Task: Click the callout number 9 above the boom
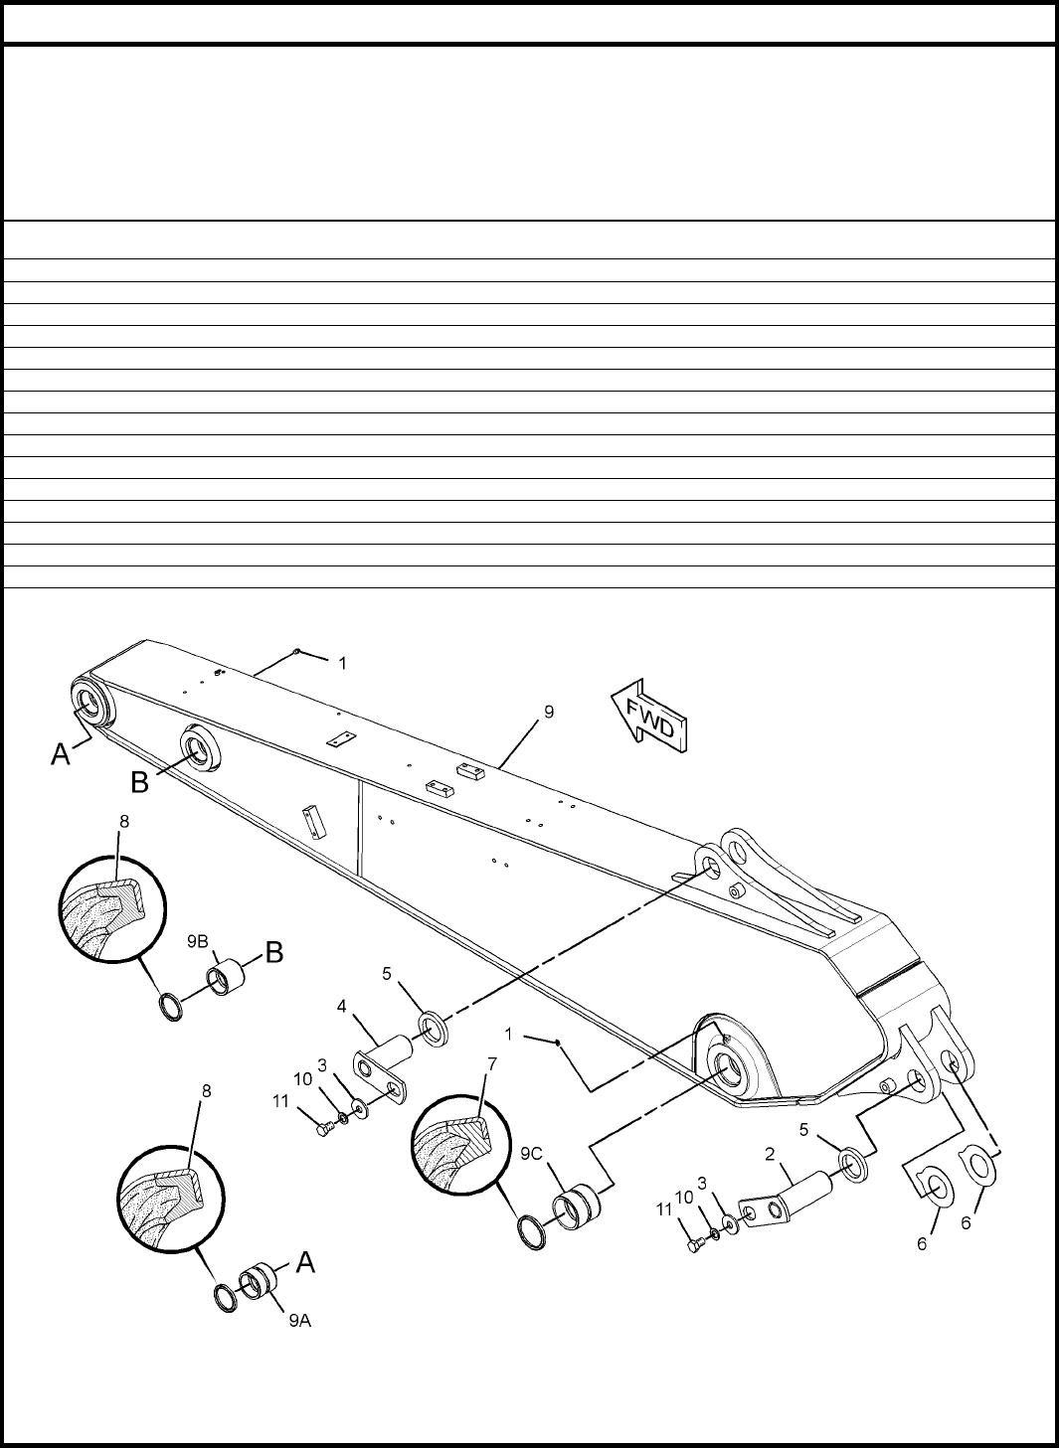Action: coord(549,713)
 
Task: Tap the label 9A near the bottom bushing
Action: coord(300,1321)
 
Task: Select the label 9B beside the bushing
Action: coord(198,941)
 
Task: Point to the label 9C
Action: coord(532,1155)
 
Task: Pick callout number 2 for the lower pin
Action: coord(770,1154)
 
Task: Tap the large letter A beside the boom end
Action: coord(61,754)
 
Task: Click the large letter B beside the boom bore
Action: coord(140,782)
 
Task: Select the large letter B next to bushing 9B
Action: coord(274,952)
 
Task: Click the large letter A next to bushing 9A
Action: coord(306,1262)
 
